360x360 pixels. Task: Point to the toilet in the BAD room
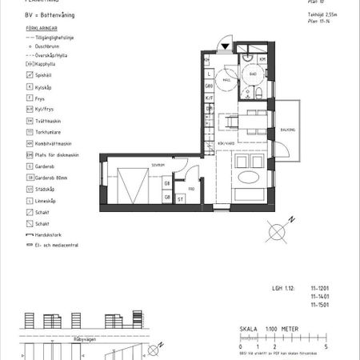click(261, 93)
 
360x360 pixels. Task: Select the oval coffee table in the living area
click(250, 178)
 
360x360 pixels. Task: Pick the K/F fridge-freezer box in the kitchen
click(209, 98)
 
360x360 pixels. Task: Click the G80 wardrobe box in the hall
click(208, 86)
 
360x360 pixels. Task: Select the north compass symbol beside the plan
click(276, 231)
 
